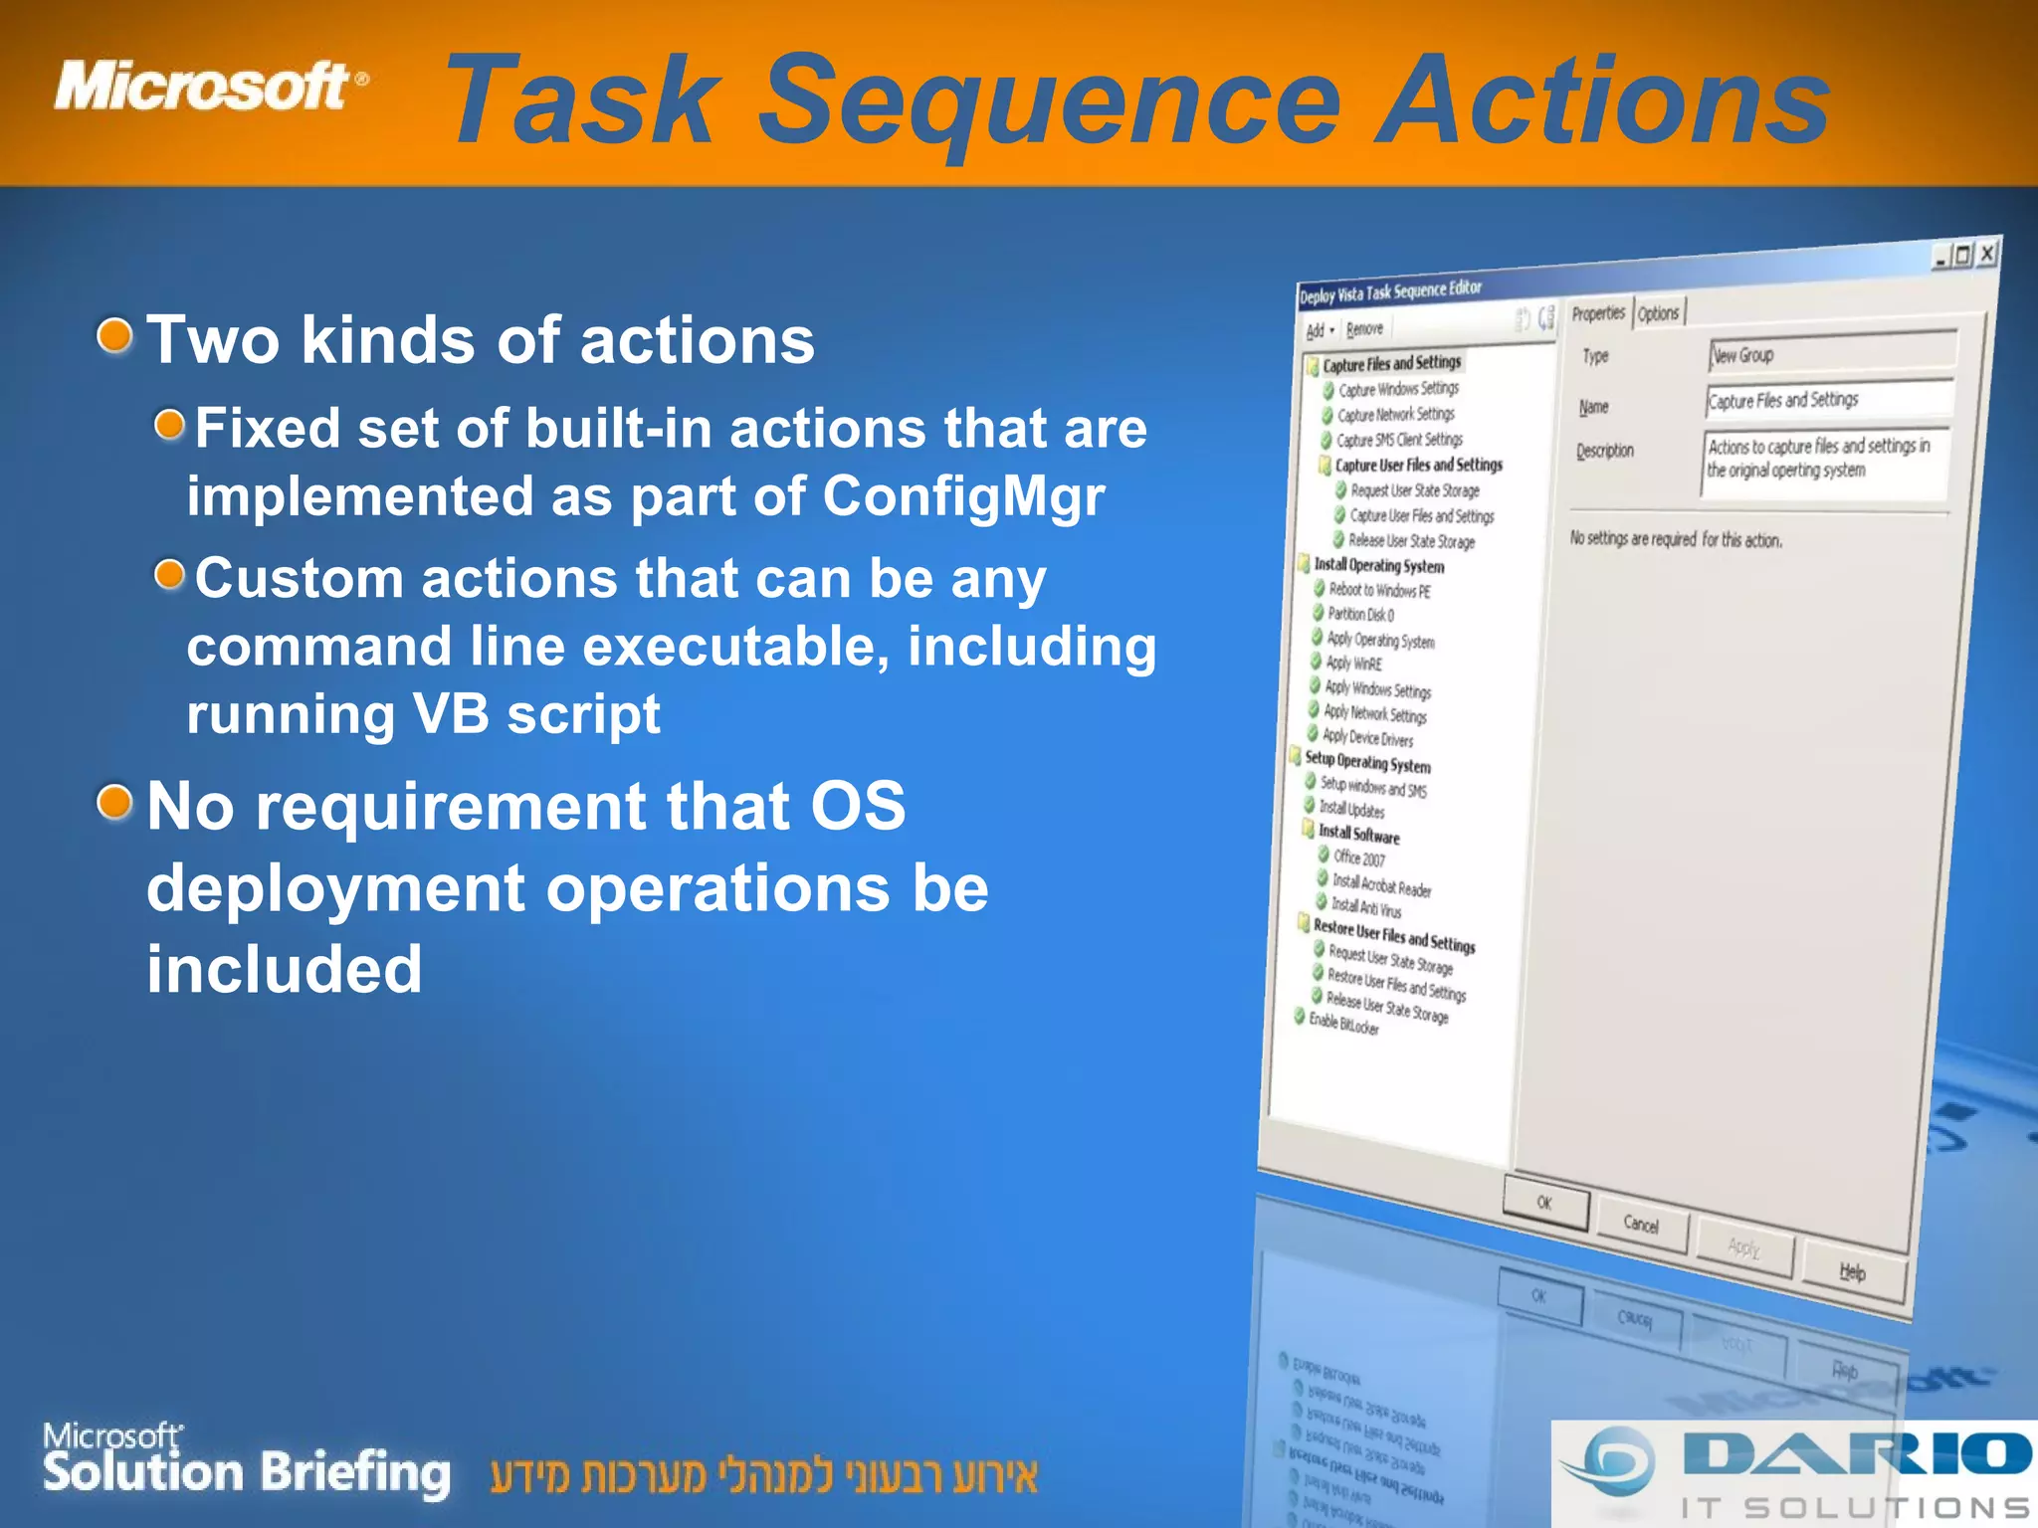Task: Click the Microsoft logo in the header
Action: (209, 87)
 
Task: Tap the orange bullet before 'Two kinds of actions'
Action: (115, 335)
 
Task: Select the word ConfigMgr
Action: (962, 495)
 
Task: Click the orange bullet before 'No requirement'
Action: (115, 801)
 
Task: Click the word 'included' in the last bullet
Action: (285, 969)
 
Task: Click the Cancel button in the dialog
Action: (1641, 1225)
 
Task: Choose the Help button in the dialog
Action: (1852, 1272)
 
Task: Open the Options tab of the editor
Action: (1658, 313)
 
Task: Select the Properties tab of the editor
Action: (1598, 314)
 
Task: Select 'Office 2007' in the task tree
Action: (1358, 858)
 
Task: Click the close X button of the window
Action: (1986, 254)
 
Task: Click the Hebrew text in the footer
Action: (763, 1476)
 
